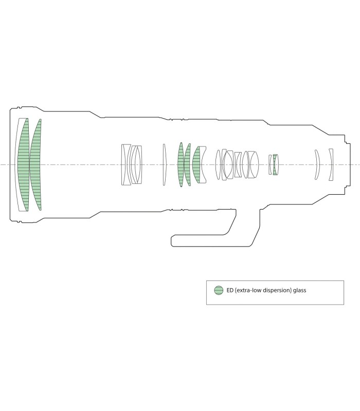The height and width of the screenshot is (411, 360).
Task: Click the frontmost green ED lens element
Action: pos(23,164)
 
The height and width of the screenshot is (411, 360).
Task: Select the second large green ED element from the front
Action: pos(35,164)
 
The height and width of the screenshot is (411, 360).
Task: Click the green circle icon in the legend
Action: pos(219,290)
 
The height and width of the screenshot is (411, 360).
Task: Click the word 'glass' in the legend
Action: pos(300,290)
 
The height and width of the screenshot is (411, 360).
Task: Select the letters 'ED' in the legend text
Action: pos(230,290)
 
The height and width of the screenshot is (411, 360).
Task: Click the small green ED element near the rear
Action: pos(275,164)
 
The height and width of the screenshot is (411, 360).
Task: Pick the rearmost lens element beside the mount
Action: pos(331,164)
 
